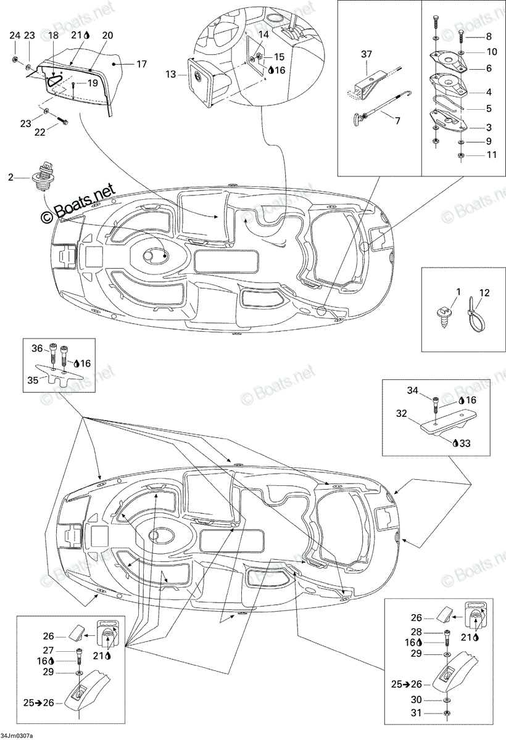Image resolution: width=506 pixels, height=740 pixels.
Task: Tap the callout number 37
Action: tap(366, 54)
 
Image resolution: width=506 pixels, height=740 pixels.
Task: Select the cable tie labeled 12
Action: tap(476, 315)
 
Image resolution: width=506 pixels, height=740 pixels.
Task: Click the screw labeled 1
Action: tap(443, 316)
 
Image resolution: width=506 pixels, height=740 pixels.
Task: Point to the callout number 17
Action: tap(141, 64)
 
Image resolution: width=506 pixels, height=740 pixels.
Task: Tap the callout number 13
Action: tap(170, 75)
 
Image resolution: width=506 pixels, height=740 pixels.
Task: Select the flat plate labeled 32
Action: tap(449, 421)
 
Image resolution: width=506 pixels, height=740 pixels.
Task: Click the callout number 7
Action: tap(397, 121)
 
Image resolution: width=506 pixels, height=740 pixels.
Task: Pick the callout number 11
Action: tap(492, 155)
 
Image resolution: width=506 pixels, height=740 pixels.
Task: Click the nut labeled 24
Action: tap(15, 59)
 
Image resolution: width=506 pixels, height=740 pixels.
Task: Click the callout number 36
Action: tap(37, 348)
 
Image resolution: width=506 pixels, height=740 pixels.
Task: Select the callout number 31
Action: tap(416, 713)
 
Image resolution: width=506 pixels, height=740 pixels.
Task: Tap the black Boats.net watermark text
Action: tap(78, 203)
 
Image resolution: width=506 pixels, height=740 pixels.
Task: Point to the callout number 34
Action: tap(412, 390)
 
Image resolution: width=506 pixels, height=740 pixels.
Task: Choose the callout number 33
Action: tap(465, 443)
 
